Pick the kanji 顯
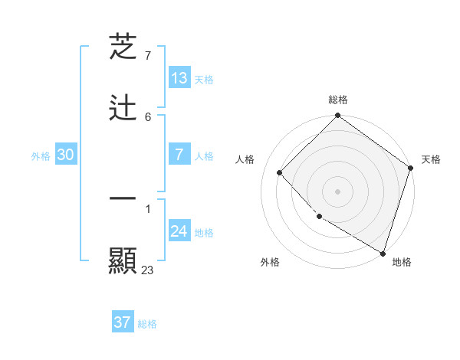pyautogui.click(x=123, y=260)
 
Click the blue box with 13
pyautogui.click(x=179, y=78)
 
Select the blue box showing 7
pyautogui.click(x=179, y=155)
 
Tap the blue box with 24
pyautogui.click(x=179, y=231)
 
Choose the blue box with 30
pyautogui.click(x=66, y=155)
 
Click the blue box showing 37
pyautogui.click(x=123, y=322)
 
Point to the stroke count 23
pyautogui.click(x=148, y=270)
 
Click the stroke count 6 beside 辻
pyautogui.click(x=148, y=116)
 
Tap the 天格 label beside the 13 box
pyautogui.click(x=203, y=80)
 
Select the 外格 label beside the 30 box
pyautogui.click(x=41, y=156)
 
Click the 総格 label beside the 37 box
pyautogui.click(x=147, y=324)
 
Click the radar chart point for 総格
pyautogui.click(x=337, y=116)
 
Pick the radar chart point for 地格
pyautogui.click(x=383, y=252)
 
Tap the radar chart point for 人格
pyautogui.click(x=280, y=173)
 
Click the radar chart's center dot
pyautogui.click(x=337, y=191)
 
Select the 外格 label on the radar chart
pyautogui.click(x=270, y=262)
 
